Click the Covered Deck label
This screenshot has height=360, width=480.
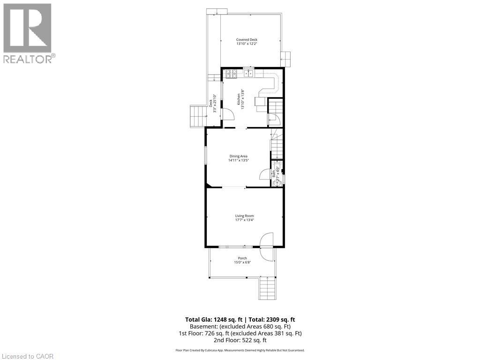coord(247,40)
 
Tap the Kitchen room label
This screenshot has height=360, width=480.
coord(239,99)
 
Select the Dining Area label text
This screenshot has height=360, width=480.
coord(238,156)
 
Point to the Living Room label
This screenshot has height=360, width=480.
coord(245,216)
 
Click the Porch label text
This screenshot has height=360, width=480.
coord(242,258)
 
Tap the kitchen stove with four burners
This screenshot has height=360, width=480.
coord(231,74)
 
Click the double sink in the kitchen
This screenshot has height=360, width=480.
coord(249,73)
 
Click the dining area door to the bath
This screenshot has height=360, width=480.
coord(265,174)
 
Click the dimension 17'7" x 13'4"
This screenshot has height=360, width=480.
coord(245,220)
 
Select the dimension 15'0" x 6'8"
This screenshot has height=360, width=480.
coord(242,262)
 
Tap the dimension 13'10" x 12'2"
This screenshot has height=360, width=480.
coord(247,44)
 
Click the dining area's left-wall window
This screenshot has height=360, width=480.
coord(205,155)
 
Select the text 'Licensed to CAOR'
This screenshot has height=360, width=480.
coord(28,356)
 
